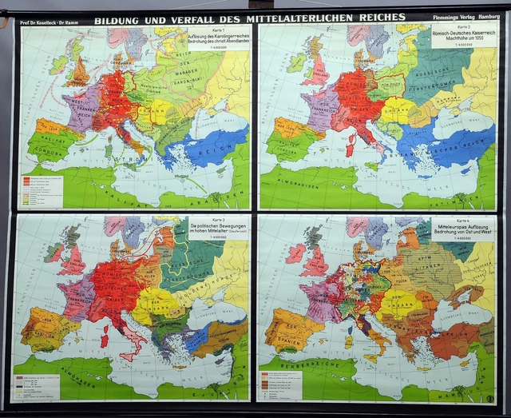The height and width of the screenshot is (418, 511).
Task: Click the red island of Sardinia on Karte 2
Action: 349,148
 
